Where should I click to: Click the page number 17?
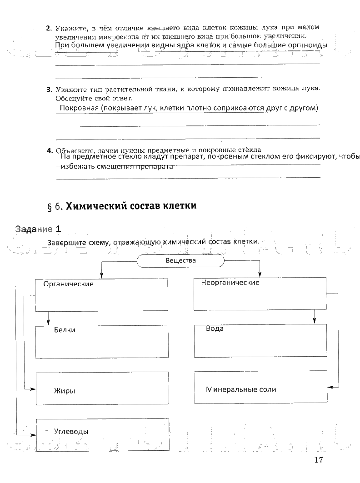coord(318,459)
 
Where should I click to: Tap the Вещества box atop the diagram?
coord(180,261)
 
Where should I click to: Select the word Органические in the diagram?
coord(68,284)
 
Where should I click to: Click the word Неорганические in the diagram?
coord(230,283)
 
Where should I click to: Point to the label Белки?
coord(65,330)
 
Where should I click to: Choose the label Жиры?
coord(64,391)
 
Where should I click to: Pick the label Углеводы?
coord(71,431)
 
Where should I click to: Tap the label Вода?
coord(215,329)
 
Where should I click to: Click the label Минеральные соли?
coord(241,389)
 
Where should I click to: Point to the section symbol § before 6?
coord(50,207)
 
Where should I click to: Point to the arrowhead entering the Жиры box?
coord(34,389)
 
